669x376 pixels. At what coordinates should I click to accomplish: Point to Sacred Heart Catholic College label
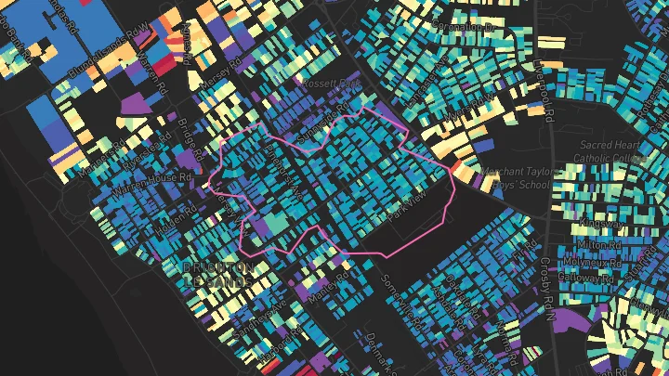[612, 151]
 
